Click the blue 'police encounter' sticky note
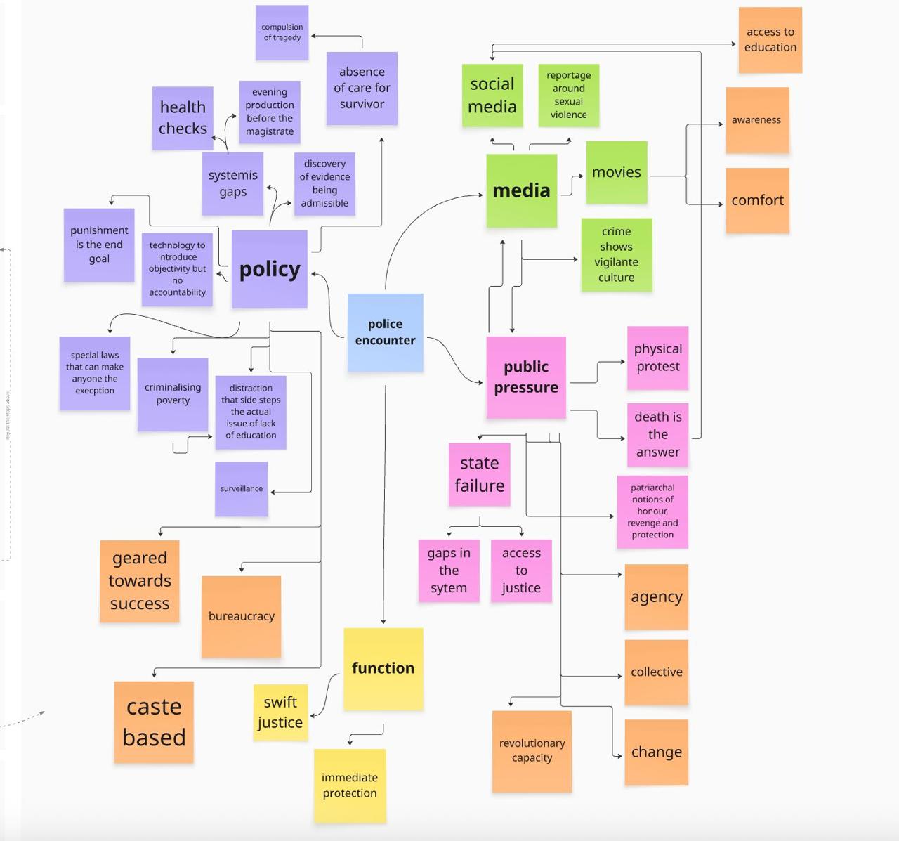pyautogui.click(x=385, y=332)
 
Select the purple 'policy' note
pyautogui.click(x=270, y=269)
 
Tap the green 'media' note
pyautogui.click(x=521, y=190)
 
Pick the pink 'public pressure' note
pyautogui.click(x=526, y=377)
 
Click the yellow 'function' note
pyautogui.click(x=383, y=668)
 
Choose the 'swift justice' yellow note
pyautogui.click(x=280, y=712)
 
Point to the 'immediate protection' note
pyautogui.click(x=350, y=785)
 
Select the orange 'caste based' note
pyautogui.click(x=154, y=722)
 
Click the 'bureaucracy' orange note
pyautogui.click(x=241, y=616)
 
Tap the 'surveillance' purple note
pyautogui.click(x=241, y=489)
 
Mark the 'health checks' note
pyautogui.click(x=183, y=118)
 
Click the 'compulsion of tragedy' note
pyautogui.click(x=282, y=32)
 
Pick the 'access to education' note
pyautogui.click(x=770, y=40)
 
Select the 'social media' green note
pyautogui.click(x=492, y=96)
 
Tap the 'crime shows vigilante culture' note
pyautogui.click(x=617, y=254)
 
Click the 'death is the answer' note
pyautogui.click(x=657, y=434)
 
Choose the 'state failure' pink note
pyautogui.click(x=479, y=474)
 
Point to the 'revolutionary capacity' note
pyautogui.click(x=532, y=750)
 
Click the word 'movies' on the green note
pyautogui.click(x=616, y=172)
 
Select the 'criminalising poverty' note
pyautogui.click(x=173, y=393)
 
